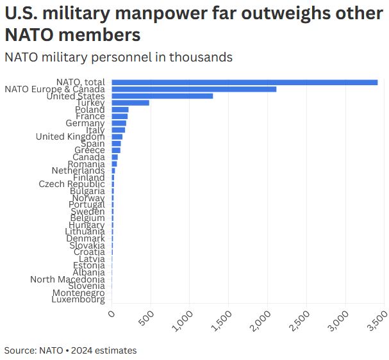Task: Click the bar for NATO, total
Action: coord(244,82)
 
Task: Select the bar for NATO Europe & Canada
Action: coord(194,89)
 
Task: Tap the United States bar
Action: coord(162,96)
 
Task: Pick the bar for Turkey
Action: coord(130,102)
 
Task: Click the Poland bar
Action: coord(120,110)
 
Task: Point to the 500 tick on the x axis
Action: coord(147,317)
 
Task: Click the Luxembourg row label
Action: coord(78,300)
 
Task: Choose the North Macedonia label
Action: coord(67,279)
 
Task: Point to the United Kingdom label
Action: coord(70,136)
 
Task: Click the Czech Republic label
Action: coord(72,184)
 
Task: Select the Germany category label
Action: coord(85,123)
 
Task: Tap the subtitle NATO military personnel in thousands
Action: coord(118,57)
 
